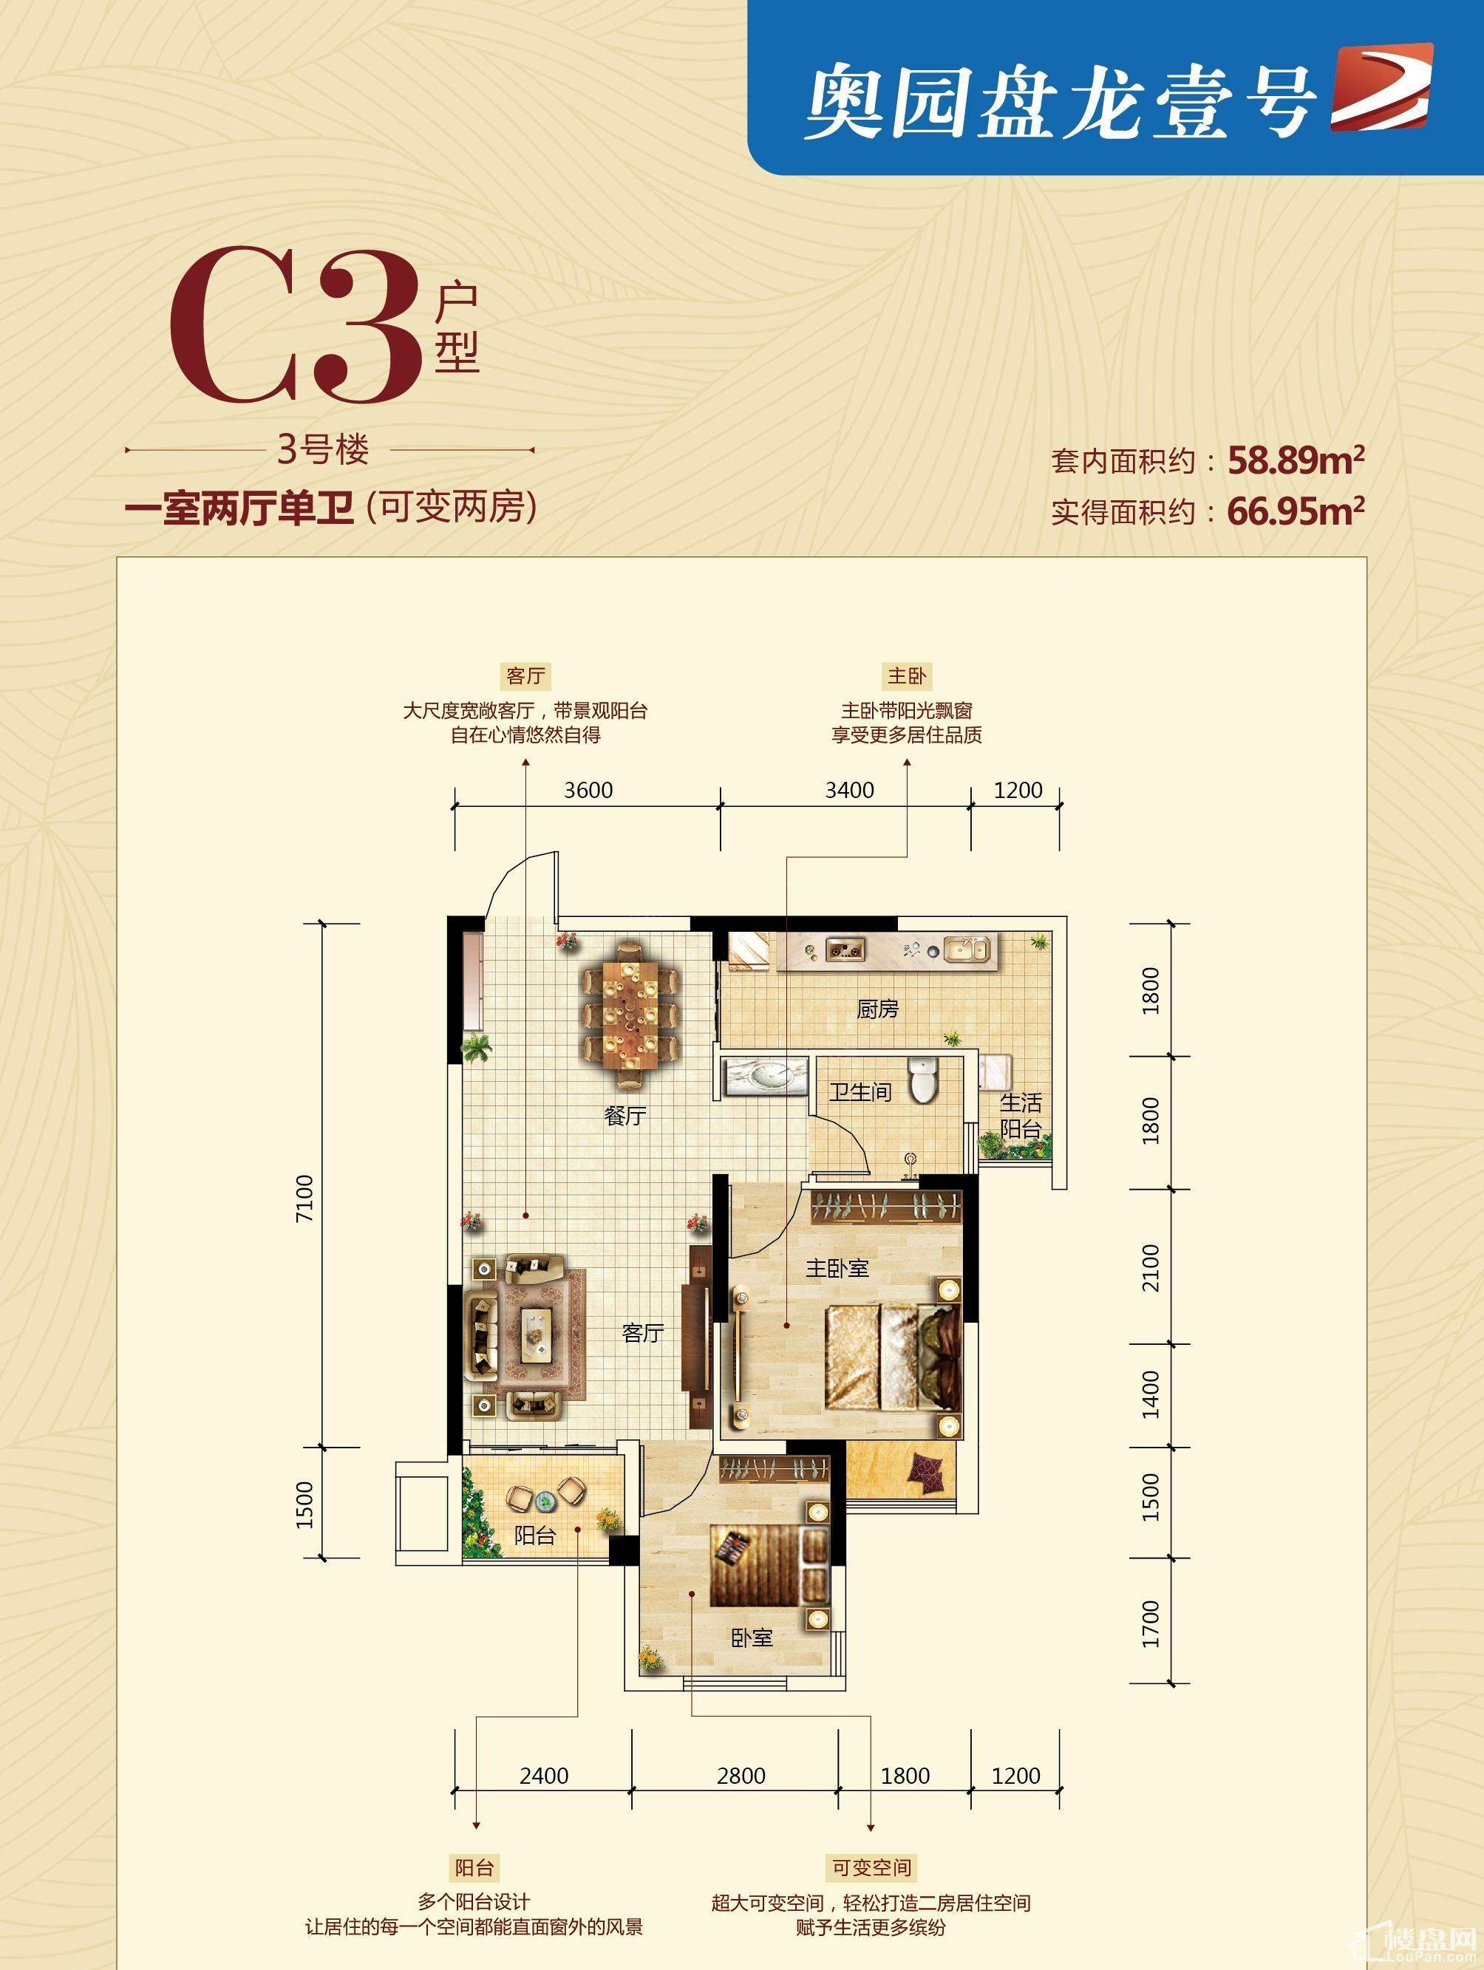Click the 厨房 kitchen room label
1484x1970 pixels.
(877, 1009)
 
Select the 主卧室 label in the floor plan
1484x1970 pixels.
(837, 1267)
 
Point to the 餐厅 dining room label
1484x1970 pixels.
(624, 1115)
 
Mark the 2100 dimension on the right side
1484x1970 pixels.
(1151, 1267)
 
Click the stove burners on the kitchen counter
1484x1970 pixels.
(842, 950)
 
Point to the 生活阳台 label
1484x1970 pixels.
(1021, 1116)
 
